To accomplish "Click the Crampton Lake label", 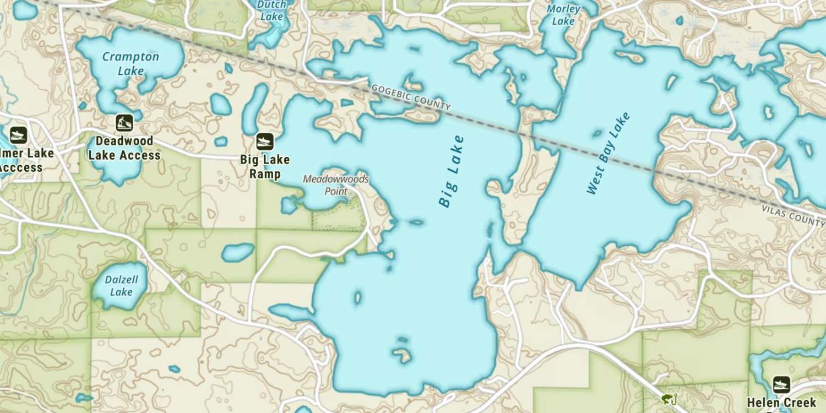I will (x=131, y=63).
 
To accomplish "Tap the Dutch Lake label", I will (x=271, y=10).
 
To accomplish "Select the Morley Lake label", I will (x=563, y=15).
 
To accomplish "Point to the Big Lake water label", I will (x=452, y=171).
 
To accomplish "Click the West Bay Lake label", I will (x=608, y=154).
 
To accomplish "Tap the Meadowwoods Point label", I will (x=335, y=185).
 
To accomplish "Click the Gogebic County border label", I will (x=411, y=98).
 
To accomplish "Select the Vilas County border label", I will (x=793, y=215).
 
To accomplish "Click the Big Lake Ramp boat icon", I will (x=265, y=142).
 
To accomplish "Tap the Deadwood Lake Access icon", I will (x=124, y=123).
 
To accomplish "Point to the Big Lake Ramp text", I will (x=265, y=167).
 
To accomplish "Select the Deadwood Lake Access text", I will (x=124, y=148).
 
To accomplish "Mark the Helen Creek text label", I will (x=781, y=403).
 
